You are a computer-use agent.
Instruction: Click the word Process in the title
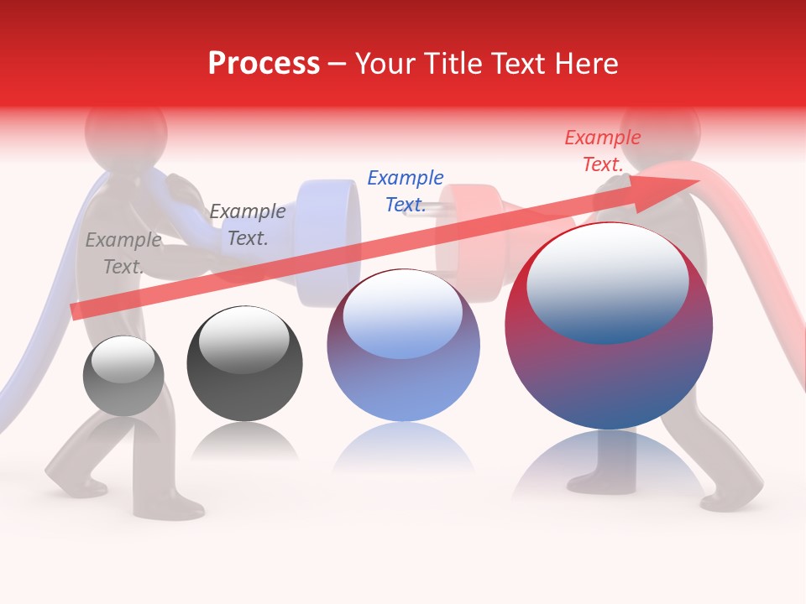click(264, 63)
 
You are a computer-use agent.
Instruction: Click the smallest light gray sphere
click(123, 376)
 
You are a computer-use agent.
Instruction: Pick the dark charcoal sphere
click(244, 363)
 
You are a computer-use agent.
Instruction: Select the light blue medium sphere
click(403, 346)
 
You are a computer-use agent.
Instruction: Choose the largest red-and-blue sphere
click(609, 326)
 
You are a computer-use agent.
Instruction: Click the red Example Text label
click(603, 151)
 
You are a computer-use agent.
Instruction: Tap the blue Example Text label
click(406, 191)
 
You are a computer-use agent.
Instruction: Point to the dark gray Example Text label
click(248, 225)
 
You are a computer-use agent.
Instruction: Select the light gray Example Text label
click(123, 253)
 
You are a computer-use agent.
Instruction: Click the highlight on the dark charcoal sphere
click(243, 340)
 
